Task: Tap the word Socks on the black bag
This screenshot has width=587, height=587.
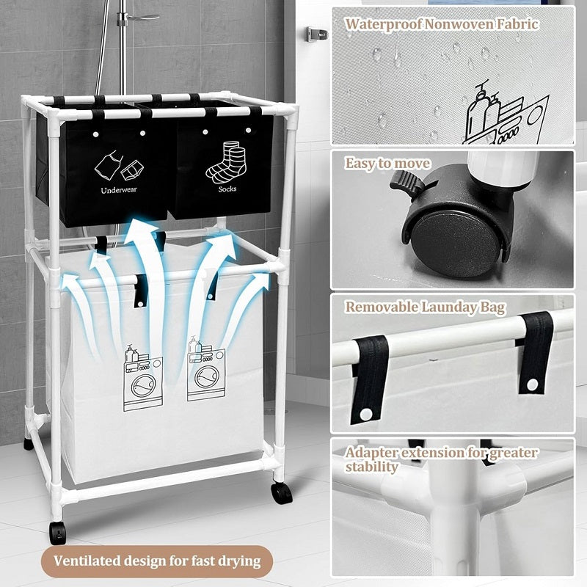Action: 227,189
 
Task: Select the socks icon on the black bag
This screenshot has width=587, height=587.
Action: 227,161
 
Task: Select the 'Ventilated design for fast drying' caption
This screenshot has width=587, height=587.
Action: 157,561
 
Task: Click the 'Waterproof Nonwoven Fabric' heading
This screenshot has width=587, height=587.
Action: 442,23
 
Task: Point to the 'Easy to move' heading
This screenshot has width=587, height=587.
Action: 388,163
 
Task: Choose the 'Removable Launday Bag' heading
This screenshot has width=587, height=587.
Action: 425,307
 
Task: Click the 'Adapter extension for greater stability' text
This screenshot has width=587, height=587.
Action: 441,459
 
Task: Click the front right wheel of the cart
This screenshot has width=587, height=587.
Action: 282,492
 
